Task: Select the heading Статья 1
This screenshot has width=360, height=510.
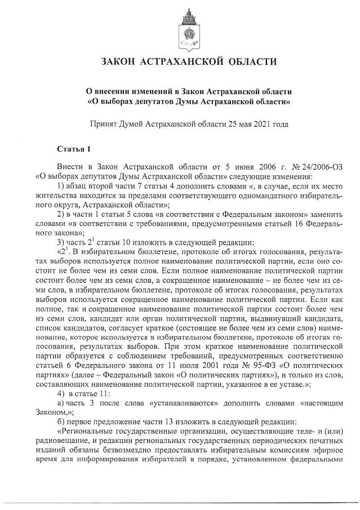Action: (74, 149)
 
